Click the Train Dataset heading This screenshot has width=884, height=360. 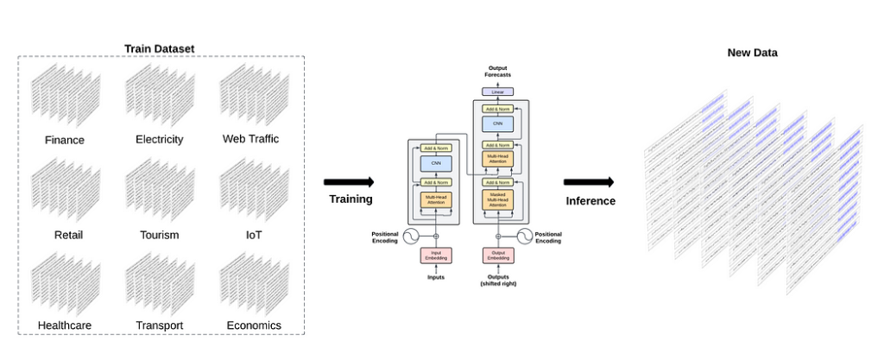(160, 48)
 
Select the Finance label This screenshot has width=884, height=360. (65, 140)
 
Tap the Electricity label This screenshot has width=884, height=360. (159, 139)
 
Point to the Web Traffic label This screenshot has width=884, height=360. (250, 138)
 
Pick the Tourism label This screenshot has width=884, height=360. (159, 235)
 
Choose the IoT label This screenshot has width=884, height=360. (251, 234)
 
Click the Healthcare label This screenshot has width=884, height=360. (65, 325)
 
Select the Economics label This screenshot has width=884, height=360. (254, 325)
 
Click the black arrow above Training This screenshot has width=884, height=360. (349, 182)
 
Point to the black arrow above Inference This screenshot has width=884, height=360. (589, 182)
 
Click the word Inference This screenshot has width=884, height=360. (590, 201)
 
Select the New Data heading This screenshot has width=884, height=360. (752, 53)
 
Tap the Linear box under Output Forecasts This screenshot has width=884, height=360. (497, 92)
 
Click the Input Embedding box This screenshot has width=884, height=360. (436, 256)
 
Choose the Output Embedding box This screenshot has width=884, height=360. (497, 256)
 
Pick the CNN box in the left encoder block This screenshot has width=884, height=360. (436, 163)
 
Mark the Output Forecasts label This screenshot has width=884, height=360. (497, 71)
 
